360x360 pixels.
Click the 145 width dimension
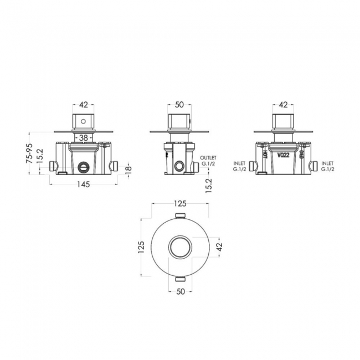click(84, 184)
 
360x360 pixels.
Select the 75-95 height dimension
click(29, 153)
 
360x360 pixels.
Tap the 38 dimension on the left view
click(83, 138)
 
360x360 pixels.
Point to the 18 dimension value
click(129, 168)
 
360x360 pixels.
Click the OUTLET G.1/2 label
click(208, 161)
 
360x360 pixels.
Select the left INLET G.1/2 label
click(239, 166)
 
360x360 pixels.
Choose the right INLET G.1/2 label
click(327, 166)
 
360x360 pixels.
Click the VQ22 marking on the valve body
click(284, 156)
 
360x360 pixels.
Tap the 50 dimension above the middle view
click(179, 105)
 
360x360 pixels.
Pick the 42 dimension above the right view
click(283, 105)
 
